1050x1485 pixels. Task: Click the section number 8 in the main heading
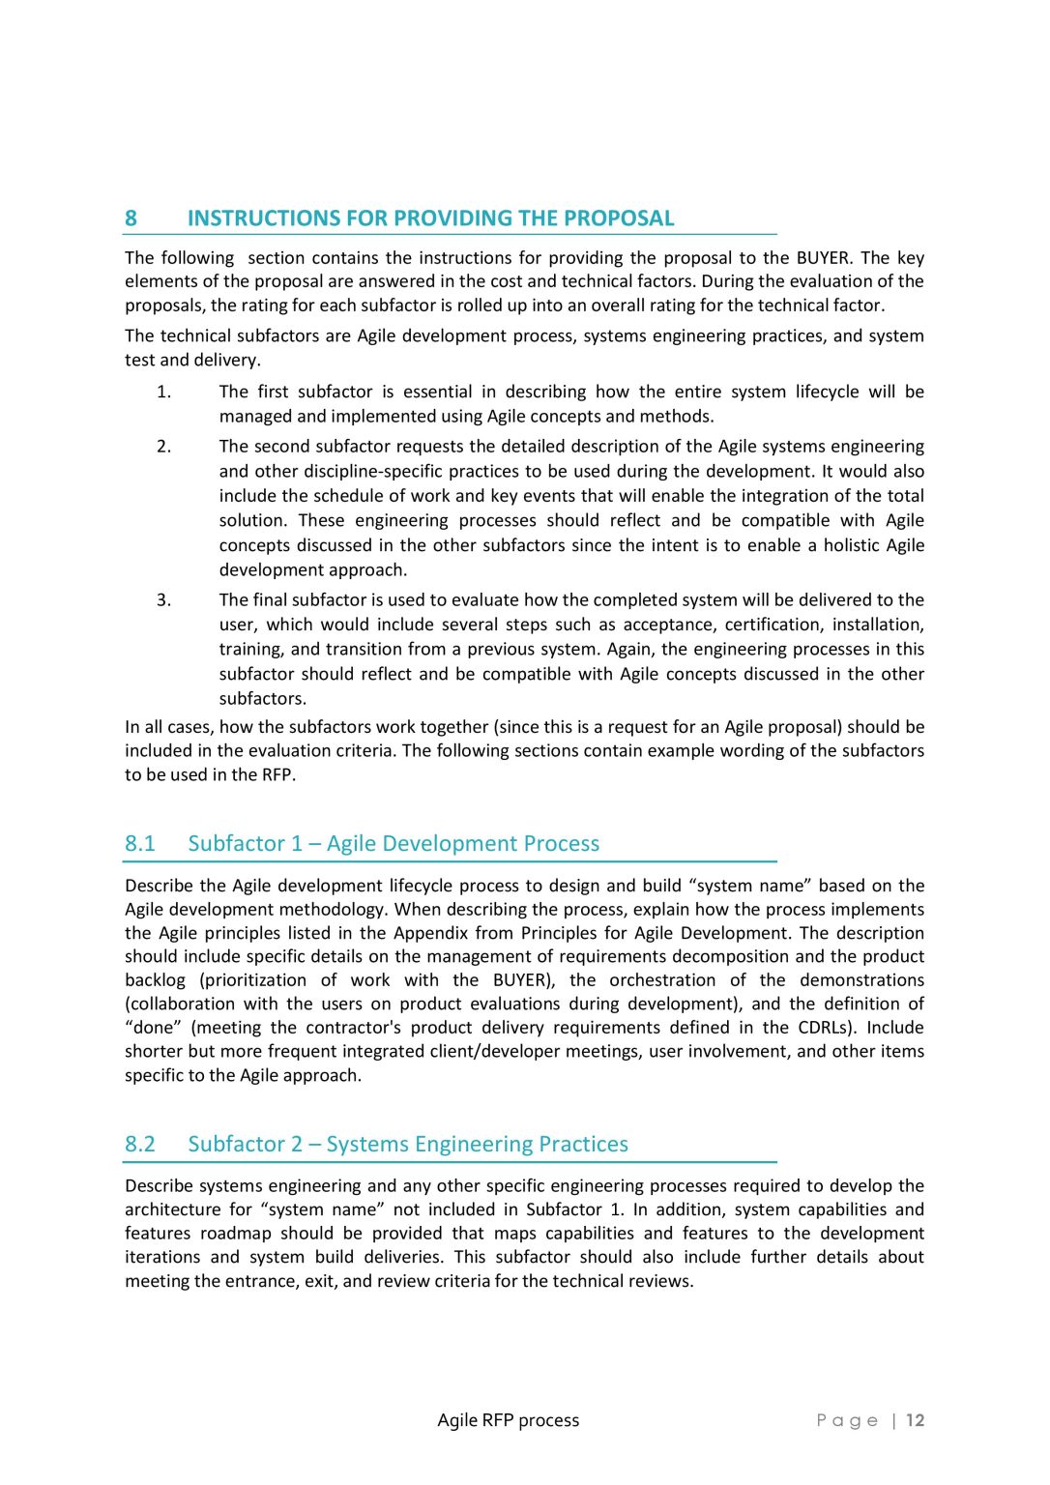(131, 218)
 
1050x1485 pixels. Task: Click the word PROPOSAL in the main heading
(619, 218)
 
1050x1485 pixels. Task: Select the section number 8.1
(139, 844)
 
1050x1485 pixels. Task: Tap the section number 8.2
(139, 1145)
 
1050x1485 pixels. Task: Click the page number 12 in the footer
(915, 1420)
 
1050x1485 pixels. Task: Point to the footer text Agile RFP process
(508, 1420)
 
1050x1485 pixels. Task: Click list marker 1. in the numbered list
(163, 392)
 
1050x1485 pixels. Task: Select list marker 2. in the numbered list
(163, 447)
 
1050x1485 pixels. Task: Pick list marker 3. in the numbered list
(163, 600)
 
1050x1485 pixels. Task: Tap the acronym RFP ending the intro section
(277, 774)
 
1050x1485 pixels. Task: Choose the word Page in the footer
(847, 1420)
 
